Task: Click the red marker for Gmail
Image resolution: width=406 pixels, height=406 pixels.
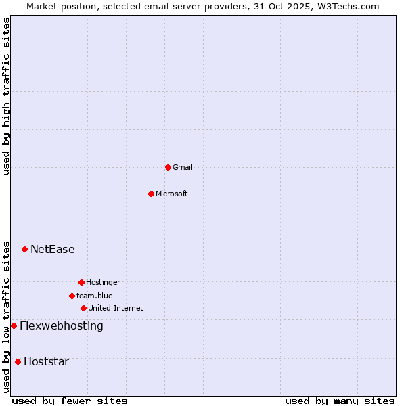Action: [168, 167]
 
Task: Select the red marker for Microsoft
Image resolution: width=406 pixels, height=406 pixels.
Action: [151, 194]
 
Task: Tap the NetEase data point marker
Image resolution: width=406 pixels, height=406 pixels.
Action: [25, 249]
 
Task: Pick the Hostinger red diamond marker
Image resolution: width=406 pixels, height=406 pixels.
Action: [81, 282]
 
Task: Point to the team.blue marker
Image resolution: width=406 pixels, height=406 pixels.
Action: [72, 296]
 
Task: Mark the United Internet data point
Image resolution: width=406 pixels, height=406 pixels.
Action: [83, 308]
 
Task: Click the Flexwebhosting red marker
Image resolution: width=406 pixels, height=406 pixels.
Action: [14, 325]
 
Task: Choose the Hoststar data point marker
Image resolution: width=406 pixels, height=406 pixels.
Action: [18, 361]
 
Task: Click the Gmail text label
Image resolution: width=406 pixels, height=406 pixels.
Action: [183, 167]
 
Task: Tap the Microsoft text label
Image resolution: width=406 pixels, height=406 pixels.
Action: [172, 194]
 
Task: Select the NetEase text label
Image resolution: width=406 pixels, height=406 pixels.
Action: [53, 249]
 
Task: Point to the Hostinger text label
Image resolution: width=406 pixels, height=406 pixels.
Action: [103, 282]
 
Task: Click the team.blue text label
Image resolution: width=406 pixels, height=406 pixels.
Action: [95, 296]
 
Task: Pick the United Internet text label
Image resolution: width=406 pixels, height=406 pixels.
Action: [116, 308]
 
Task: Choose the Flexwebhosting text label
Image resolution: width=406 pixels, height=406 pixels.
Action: [62, 325]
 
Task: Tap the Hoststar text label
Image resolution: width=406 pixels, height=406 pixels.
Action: [46, 361]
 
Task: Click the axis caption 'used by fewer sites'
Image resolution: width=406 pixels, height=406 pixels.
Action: [70, 401]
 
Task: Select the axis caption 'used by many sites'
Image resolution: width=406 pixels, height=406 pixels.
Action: [340, 401]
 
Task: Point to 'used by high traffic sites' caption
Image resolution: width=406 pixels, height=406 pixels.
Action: [6, 96]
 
